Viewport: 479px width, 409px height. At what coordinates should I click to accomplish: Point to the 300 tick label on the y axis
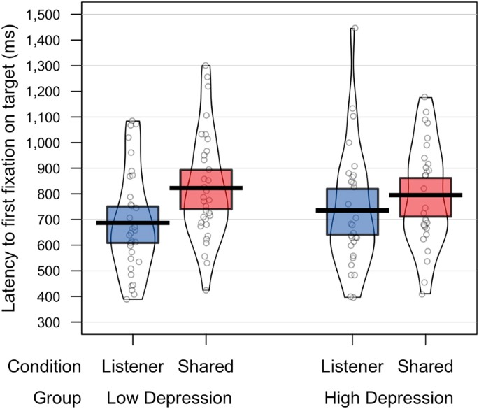[x=52, y=322]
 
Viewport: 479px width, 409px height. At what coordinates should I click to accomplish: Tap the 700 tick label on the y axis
[x=52, y=220]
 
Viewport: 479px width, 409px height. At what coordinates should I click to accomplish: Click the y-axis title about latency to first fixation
[x=13, y=168]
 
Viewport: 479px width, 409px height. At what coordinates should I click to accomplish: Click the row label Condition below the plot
[x=45, y=366]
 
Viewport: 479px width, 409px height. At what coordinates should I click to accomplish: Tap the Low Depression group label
[x=169, y=397]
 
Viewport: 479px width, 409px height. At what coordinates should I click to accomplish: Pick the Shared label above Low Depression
[x=206, y=366]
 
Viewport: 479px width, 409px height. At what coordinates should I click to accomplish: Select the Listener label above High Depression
[x=352, y=366]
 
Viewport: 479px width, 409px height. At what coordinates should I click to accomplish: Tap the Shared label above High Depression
[x=425, y=366]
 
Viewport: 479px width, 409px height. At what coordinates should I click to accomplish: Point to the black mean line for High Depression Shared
[x=426, y=195]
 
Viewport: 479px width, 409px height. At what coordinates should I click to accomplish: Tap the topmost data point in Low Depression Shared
[x=206, y=66]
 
